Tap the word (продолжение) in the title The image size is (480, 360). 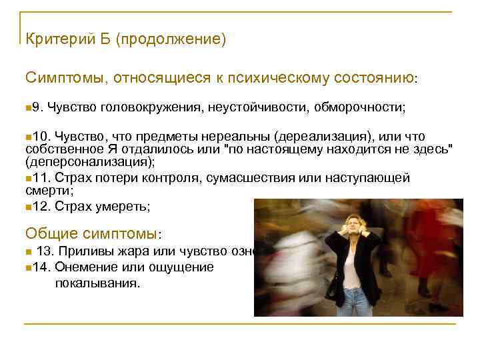(171, 40)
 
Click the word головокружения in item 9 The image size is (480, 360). (152, 107)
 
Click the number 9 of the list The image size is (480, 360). (36, 107)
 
